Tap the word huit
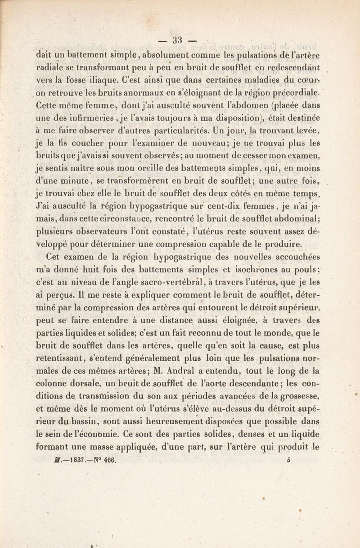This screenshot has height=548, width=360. (x=89, y=269)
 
